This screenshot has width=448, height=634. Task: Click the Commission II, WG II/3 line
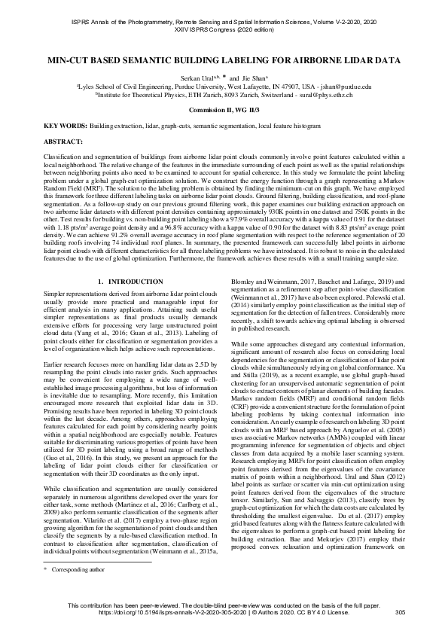point(224,110)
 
